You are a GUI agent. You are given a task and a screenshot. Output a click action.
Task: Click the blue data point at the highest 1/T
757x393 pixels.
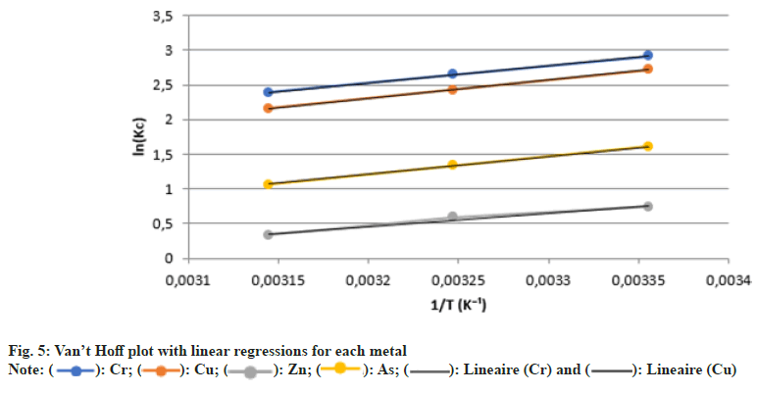647,56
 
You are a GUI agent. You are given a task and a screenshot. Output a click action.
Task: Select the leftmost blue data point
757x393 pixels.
268,92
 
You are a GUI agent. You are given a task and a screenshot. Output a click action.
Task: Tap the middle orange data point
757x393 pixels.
452,89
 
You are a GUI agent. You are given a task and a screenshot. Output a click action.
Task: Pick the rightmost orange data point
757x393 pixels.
647,69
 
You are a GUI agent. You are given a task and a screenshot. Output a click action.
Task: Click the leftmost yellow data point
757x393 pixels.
268,184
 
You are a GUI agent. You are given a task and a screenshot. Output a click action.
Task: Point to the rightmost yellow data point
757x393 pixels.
647,147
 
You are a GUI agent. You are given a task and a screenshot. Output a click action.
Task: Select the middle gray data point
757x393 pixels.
452,217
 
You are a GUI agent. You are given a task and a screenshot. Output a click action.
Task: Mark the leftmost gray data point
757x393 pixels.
268,234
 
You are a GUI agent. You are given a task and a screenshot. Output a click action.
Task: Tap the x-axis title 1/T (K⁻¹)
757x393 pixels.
457,305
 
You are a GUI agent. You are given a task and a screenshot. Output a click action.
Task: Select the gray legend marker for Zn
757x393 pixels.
250,369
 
